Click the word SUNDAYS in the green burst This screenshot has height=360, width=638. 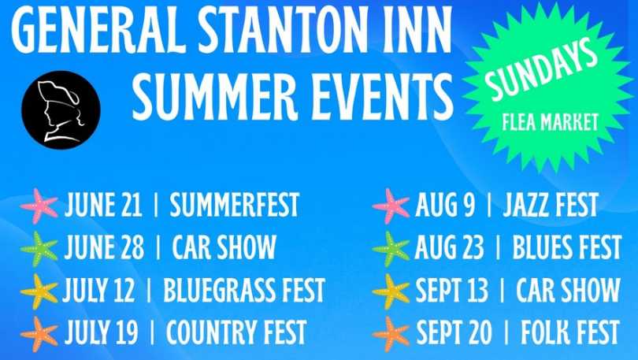tap(540, 69)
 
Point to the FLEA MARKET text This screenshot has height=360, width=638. tap(550, 122)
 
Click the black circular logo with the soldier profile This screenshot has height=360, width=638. tap(61, 109)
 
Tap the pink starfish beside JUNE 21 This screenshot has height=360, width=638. tap(39, 206)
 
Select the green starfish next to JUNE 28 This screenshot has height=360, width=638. tap(39, 249)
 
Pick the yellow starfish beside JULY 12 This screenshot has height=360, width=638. tap(39, 291)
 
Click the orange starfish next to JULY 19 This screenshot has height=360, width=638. tap(39, 334)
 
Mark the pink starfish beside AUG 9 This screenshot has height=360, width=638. tap(391, 206)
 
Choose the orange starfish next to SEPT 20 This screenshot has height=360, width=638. tap(391, 334)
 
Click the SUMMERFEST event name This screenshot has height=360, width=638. tap(235, 204)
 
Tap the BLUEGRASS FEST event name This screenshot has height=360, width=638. tap(244, 290)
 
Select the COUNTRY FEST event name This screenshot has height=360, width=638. tap(236, 332)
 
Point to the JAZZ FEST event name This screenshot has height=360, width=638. tap(551, 204)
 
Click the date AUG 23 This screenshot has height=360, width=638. tap(450, 247)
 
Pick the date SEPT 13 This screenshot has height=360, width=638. tap(451, 290)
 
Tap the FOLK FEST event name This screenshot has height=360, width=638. tap(570, 332)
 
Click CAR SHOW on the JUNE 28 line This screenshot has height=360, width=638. tap(224, 247)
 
